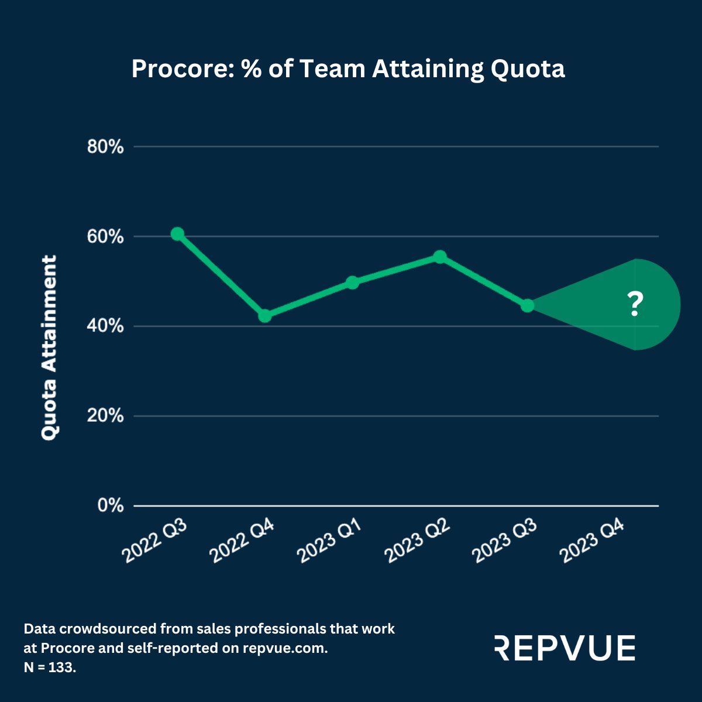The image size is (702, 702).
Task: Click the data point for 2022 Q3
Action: [177, 234]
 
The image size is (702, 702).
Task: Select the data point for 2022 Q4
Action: [264, 316]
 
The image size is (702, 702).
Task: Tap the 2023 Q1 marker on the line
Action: [352, 283]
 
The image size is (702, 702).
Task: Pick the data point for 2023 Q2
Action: [440, 257]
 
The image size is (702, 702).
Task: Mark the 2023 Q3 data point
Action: [527, 305]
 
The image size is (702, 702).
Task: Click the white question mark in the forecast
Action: [635, 305]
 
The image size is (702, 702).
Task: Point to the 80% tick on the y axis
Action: [105, 147]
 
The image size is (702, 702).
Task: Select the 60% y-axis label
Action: [105, 237]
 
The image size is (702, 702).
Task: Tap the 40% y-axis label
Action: [105, 326]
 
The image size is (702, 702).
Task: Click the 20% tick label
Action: [105, 416]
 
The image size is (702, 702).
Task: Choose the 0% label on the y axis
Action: [111, 505]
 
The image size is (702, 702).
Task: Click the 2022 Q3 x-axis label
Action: [154, 542]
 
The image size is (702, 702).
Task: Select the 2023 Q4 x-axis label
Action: [593, 542]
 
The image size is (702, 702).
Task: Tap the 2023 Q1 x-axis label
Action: [330, 542]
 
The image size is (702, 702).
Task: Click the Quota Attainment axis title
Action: [49, 347]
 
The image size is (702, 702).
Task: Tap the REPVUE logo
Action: [565, 648]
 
